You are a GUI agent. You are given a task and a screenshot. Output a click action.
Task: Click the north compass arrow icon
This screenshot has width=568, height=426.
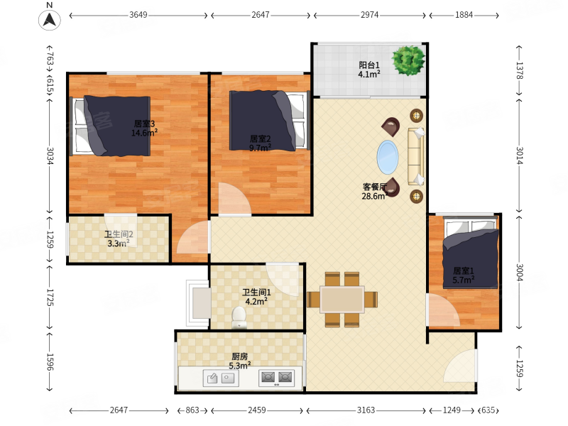[x=50, y=20]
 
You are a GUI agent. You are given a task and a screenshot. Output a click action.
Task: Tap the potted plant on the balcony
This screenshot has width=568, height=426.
[x=409, y=60]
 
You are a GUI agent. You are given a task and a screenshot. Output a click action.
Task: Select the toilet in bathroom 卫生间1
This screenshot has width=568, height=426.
[x=239, y=317]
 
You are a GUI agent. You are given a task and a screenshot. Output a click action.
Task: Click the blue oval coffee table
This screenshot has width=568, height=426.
[x=388, y=158]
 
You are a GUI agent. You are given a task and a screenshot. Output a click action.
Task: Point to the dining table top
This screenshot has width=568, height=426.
[x=342, y=299]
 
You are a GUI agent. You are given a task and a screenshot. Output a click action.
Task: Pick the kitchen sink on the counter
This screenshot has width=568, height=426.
[x=221, y=378]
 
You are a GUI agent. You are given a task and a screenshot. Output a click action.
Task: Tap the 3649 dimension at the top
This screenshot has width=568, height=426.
[x=138, y=15]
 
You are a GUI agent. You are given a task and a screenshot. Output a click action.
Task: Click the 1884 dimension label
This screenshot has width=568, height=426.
[x=464, y=15]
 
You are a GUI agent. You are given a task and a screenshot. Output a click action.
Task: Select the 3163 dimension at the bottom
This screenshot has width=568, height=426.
[x=366, y=410]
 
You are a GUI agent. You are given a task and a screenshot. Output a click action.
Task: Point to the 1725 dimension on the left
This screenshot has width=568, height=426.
[x=50, y=297]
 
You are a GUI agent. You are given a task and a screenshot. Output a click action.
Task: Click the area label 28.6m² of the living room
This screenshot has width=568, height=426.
[x=375, y=196]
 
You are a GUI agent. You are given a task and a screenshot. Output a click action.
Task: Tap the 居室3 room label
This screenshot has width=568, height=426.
[x=144, y=124]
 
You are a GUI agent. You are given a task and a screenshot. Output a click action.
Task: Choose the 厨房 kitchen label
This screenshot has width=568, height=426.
[x=239, y=357]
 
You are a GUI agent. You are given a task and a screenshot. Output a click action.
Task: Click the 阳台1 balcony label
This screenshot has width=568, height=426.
[x=369, y=65]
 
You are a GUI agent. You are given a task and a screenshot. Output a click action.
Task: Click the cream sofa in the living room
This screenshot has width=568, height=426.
[x=416, y=156]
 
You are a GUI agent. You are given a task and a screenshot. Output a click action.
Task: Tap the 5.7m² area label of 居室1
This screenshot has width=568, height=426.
[x=464, y=280]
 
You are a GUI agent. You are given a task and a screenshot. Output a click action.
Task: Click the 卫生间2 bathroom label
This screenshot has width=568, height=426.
[x=119, y=234]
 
